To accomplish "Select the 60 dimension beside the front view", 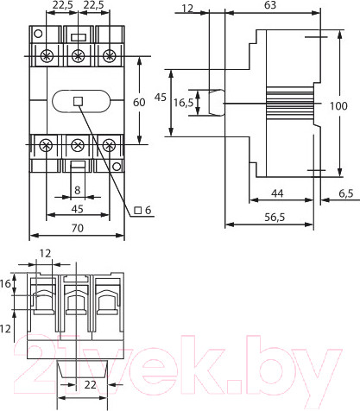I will click(x=138, y=102).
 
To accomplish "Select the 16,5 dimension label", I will click(x=182, y=103).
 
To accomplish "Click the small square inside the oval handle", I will click(x=78, y=101).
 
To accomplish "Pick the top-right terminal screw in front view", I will click(x=109, y=56).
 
